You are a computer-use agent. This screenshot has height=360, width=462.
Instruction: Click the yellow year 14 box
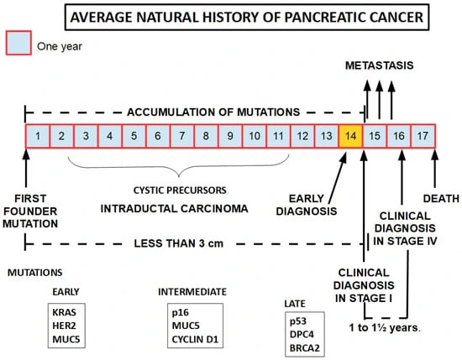(351, 134)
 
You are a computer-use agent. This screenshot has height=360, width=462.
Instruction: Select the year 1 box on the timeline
(38, 134)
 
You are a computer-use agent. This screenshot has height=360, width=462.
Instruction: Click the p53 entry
(301, 321)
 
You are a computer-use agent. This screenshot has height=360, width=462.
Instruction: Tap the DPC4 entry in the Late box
(303, 333)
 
